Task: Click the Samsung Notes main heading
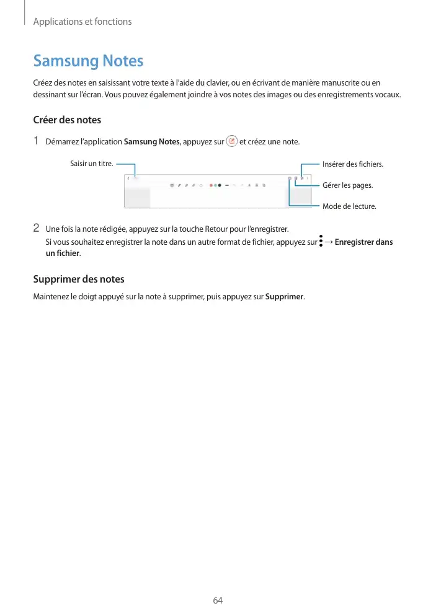coord(88,61)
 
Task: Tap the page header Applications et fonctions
coord(82,22)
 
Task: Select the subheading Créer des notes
coord(67,120)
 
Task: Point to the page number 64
coord(218,600)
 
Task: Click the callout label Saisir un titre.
coord(91,164)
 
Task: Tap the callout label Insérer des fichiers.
coord(353,164)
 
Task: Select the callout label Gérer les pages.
coord(348,185)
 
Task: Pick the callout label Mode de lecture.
coord(349,206)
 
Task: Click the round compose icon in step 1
coord(231,141)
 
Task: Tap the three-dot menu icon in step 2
coord(321,242)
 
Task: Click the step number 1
coord(37,141)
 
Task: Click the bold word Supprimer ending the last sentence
coord(284,296)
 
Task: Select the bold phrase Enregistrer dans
coord(363,242)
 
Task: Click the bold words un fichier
coord(63,253)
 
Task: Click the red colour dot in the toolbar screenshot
coord(211,185)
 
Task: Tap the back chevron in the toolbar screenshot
coord(128,178)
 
